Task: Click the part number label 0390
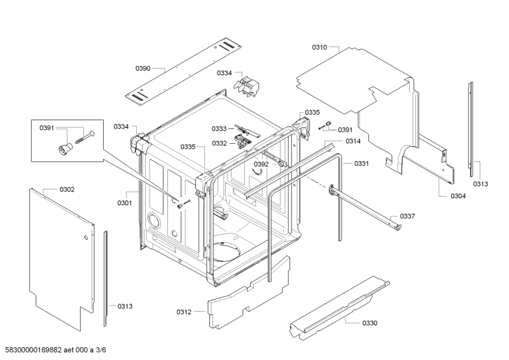(x=143, y=69)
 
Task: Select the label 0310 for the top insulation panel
(x=320, y=47)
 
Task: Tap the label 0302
(x=67, y=190)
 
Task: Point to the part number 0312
(x=184, y=312)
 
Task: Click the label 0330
(x=370, y=323)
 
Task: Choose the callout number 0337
(x=407, y=216)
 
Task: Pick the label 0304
(x=458, y=196)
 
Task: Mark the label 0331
(x=361, y=163)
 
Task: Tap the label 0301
(x=124, y=204)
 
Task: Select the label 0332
(x=220, y=144)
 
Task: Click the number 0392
(x=261, y=164)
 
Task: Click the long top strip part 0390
(x=185, y=70)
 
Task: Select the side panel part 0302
(x=60, y=254)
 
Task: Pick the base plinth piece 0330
(x=337, y=305)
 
